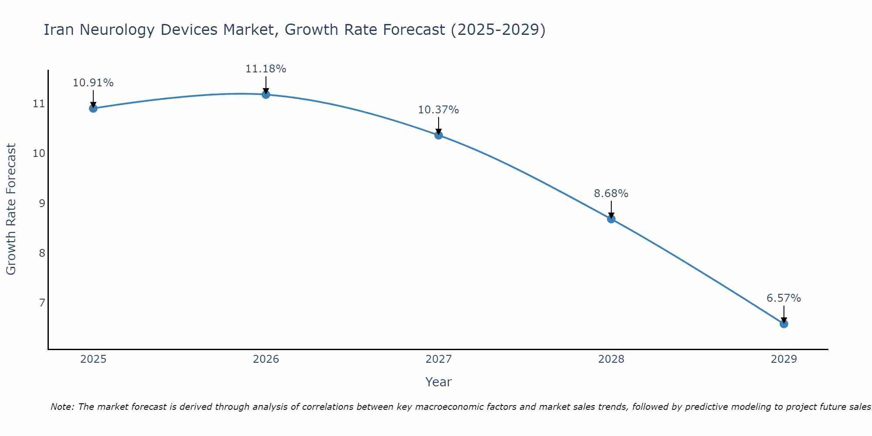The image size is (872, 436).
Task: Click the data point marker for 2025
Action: [93, 108]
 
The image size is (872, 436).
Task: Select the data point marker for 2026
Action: [266, 95]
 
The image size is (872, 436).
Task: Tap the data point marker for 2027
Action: [439, 135]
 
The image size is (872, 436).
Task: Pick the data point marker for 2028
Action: [611, 219]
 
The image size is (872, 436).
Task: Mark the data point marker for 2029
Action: [784, 324]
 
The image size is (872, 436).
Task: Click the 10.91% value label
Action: [93, 83]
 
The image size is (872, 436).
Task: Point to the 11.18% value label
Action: [266, 69]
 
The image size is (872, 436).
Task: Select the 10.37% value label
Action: [439, 110]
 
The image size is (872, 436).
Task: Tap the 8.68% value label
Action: [611, 194]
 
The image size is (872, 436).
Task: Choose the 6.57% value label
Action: [784, 298]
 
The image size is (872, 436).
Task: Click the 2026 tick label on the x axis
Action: [266, 359]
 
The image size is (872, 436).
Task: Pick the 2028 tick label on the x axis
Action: [611, 359]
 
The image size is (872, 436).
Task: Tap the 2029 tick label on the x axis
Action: [784, 359]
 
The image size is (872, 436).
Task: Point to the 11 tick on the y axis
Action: [39, 104]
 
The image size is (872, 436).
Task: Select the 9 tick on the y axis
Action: [42, 203]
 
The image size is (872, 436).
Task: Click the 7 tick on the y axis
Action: [42, 303]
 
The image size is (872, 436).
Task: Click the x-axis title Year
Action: [439, 382]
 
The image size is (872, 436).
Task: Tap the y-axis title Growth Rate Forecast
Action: [11, 209]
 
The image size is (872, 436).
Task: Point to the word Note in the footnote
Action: [62, 407]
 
